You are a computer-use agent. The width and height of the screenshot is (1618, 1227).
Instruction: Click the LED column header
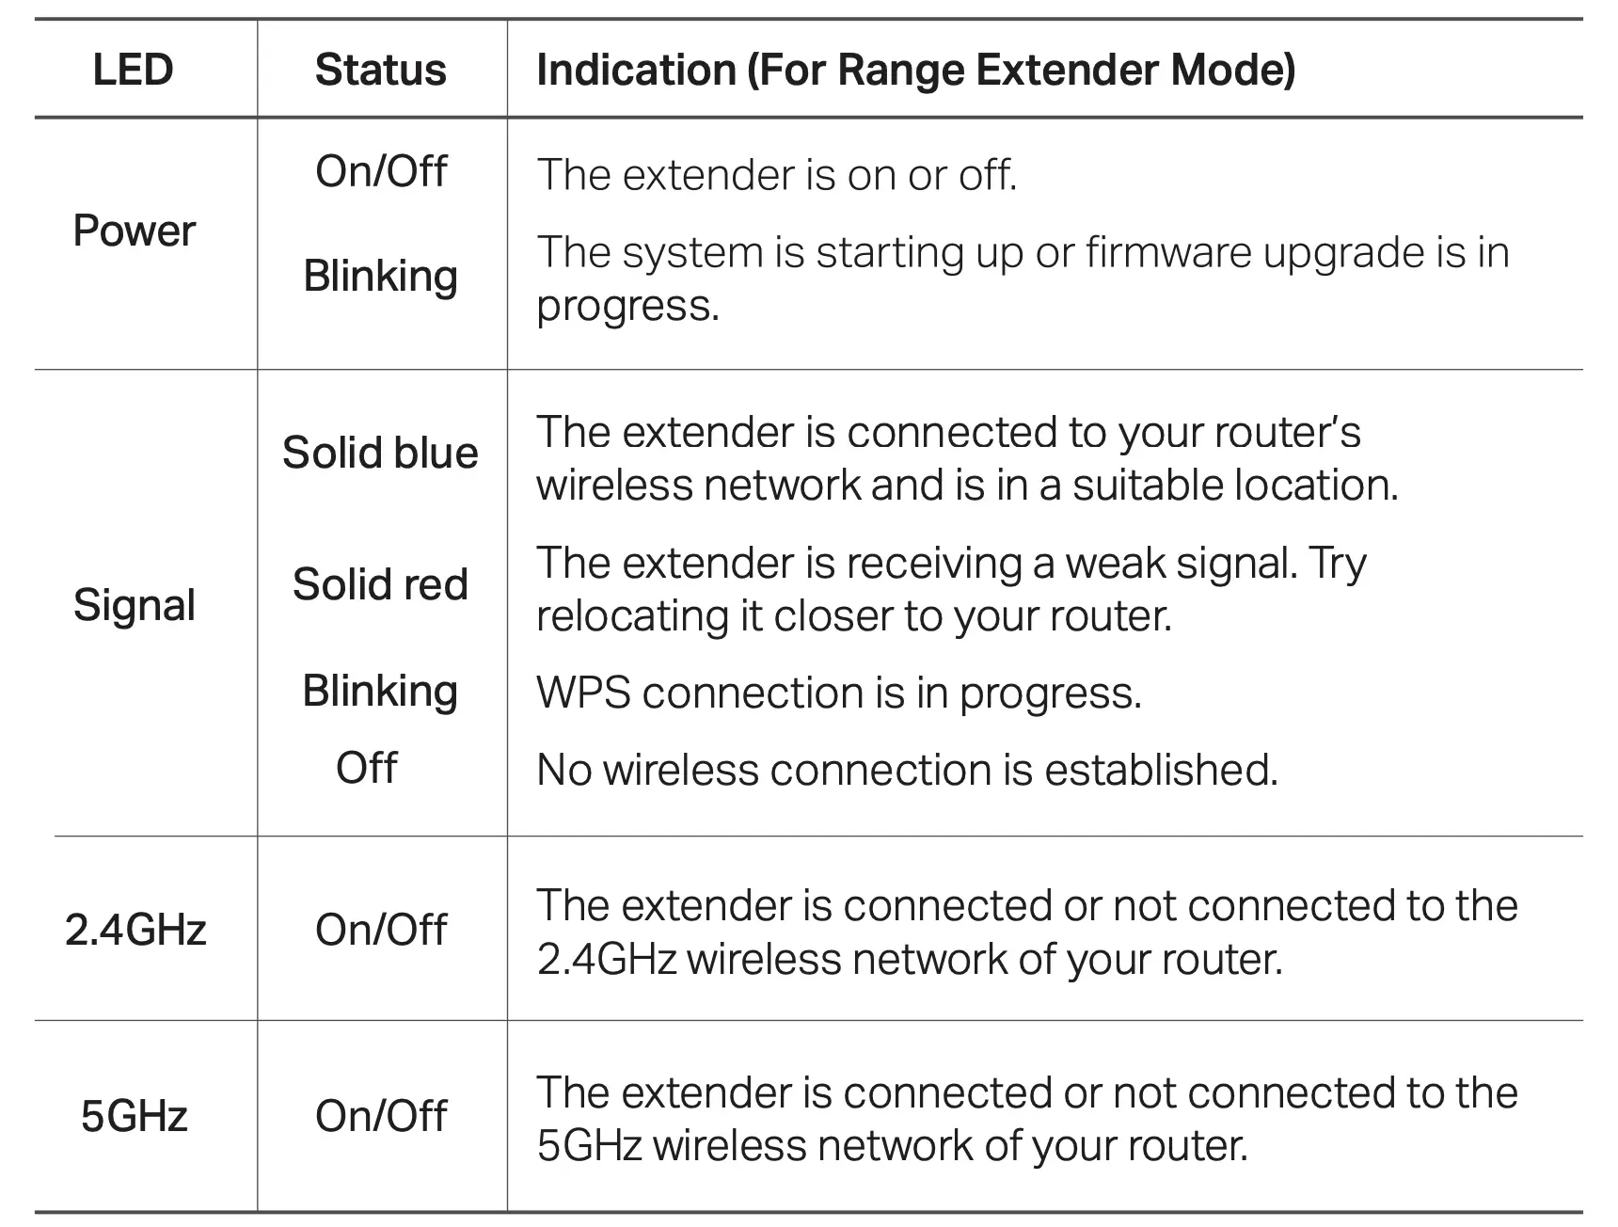click(133, 70)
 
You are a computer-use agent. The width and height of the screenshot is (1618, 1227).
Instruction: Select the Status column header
click(380, 70)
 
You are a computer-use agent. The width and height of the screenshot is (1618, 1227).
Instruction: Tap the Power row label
click(134, 231)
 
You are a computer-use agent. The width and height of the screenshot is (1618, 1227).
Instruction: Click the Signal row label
click(134, 604)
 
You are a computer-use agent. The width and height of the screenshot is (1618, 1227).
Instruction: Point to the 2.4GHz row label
click(135, 930)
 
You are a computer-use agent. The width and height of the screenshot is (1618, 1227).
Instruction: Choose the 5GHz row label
click(134, 1116)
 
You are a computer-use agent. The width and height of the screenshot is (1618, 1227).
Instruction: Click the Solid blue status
click(380, 453)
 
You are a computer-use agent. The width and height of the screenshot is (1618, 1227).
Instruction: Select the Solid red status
click(380, 584)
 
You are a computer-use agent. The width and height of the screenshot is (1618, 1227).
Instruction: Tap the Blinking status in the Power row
click(380, 277)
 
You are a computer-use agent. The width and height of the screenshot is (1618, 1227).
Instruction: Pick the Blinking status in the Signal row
click(380, 692)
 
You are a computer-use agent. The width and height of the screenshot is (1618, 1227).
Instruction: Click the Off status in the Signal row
click(366, 768)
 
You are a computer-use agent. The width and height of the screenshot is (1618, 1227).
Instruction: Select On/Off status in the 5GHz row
click(380, 1116)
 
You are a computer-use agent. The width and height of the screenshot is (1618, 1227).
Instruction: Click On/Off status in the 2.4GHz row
click(380, 930)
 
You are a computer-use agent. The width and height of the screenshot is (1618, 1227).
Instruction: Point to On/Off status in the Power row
click(380, 171)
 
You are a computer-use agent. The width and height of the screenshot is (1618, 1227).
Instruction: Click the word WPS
click(582, 693)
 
